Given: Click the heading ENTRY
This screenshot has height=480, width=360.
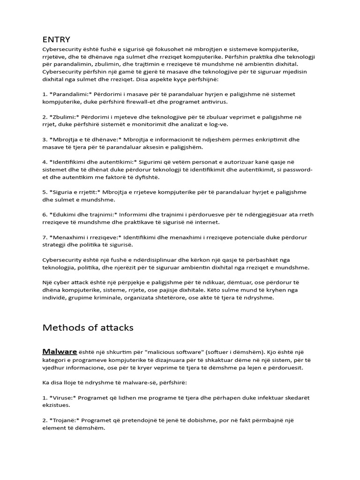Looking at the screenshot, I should (56, 39).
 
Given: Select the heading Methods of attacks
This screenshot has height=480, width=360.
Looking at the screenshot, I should (88, 328).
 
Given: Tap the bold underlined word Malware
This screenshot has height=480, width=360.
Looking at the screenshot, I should (60, 352).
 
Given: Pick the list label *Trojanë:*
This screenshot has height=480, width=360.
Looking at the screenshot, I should (65, 420).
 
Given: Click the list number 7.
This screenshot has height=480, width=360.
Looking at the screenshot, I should (45, 237).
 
